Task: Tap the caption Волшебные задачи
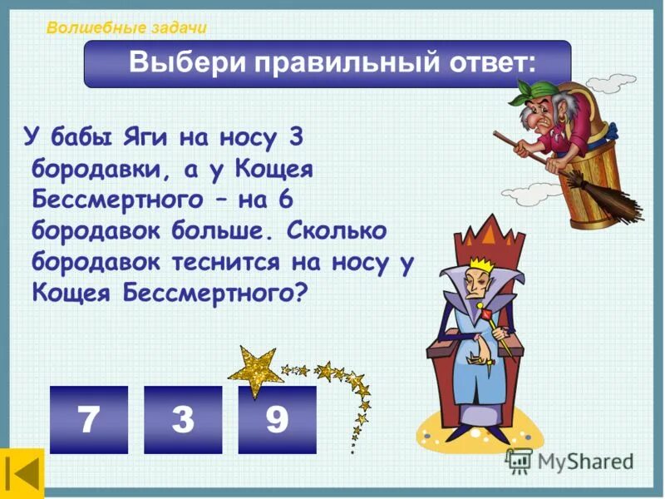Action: [126, 27]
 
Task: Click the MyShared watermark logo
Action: [569, 461]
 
